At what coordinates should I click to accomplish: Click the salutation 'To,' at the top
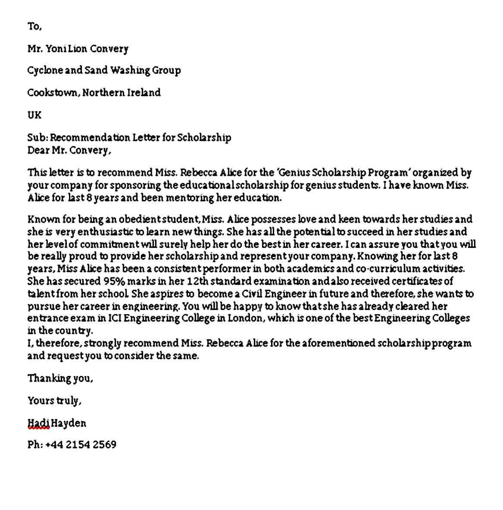(x=34, y=26)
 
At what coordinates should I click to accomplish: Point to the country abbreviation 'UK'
(x=34, y=115)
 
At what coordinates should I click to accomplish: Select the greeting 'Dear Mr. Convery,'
(x=69, y=150)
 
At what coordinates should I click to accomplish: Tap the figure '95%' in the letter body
(x=114, y=282)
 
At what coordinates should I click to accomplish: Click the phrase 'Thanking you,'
(x=60, y=379)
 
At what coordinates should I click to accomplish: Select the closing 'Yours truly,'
(x=54, y=401)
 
